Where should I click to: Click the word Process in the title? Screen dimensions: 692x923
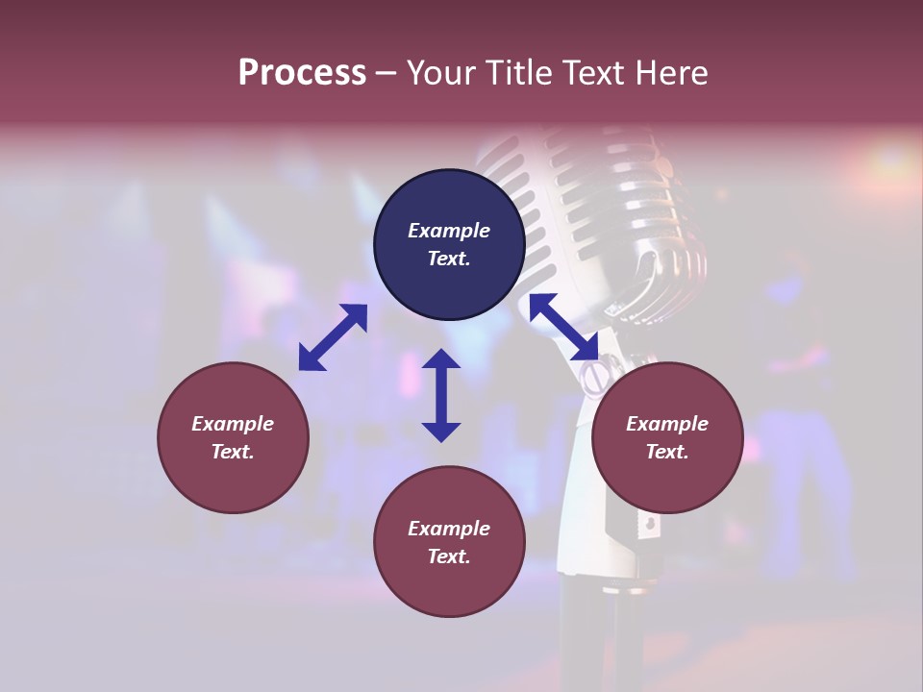pyautogui.click(x=302, y=73)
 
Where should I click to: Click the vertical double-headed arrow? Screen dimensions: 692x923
pyautogui.click(x=441, y=395)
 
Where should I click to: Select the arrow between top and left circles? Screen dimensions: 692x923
pyautogui.click(x=333, y=336)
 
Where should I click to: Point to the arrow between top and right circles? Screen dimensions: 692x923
pyautogui.click(x=563, y=328)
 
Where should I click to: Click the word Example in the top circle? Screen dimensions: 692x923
pyautogui.click(x=449, y=231)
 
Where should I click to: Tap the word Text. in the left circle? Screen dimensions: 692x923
pyautogui.click(x=233, y=452)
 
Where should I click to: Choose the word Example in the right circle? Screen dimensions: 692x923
pyautogui.click(x=667, y=424)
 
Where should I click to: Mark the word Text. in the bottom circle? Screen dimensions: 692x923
pyautogui.click(x=449, y=556)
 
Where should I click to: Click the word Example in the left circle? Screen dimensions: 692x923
pyautogui.click(x=233, y=424)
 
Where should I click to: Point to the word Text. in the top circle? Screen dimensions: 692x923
pyautogui.click(x=449, y=259)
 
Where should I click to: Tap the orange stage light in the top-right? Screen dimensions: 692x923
pyautogui.click(x=889, y=159)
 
